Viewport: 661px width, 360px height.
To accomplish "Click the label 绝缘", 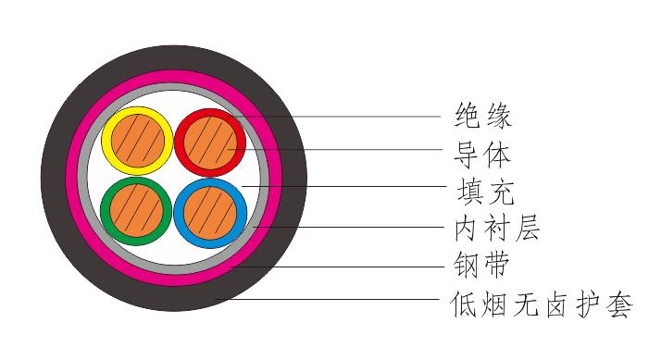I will (x=483, y=117).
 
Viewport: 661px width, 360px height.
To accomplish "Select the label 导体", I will (x=483, y=153).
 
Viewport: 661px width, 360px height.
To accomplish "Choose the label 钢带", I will (x=483, y=267).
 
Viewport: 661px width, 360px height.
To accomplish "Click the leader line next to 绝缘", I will (x=370, y=117).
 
